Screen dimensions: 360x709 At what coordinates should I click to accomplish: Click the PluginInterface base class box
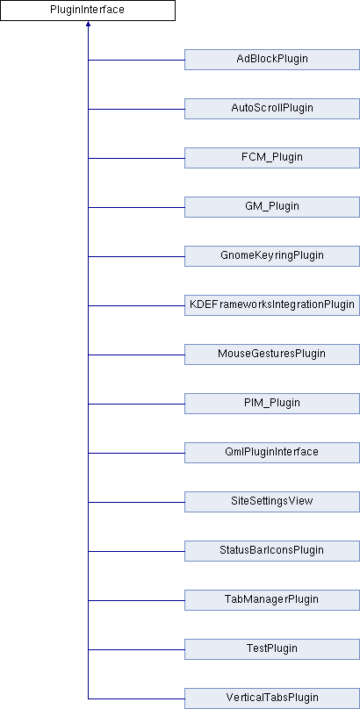click(88, 11)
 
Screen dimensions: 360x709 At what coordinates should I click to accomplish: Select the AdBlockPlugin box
click(272, 60)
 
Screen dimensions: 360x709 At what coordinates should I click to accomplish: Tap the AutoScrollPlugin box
click(272, 109)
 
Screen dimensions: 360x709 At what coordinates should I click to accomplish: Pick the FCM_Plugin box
click(272, 158)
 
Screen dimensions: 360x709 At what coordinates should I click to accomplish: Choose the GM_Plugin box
click(272, 207)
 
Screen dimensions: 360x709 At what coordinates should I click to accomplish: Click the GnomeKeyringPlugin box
click(272, 256)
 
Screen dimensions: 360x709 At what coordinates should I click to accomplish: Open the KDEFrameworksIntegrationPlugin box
click(272, 305)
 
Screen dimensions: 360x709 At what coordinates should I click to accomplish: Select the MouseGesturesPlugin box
click(272, 354)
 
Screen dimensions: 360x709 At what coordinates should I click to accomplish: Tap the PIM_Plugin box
click(272, 404)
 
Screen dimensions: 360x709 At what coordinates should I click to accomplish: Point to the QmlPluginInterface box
click(272, 453)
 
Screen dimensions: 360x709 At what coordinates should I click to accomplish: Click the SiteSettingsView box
click(272, 502)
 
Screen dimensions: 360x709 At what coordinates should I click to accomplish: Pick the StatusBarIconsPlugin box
click(272, 551)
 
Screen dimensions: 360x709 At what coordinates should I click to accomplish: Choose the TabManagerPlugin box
click(272, 600)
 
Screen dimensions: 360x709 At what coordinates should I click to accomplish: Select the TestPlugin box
click(272, 649)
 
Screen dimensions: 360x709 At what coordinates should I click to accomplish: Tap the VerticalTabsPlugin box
click(272, 698)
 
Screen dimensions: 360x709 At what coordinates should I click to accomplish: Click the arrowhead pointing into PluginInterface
click(88, 24)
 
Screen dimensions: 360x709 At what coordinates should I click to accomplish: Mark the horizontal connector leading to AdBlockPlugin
click(136, 60)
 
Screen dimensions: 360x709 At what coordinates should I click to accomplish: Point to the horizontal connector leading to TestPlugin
click(136, 649)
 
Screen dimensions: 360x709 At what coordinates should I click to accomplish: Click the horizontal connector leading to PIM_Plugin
click(136, 404)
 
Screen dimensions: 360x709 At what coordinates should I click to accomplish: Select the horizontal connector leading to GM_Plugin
click(136, 207)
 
